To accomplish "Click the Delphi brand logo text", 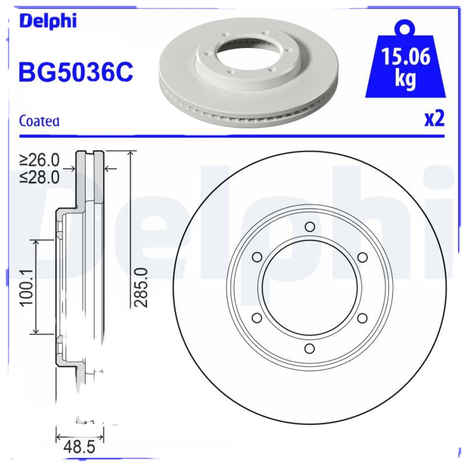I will (48, 21).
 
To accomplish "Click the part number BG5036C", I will (76, 72).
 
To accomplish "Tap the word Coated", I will (39, 121).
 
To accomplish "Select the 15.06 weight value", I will (406, 58).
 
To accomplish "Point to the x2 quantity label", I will (434, 119).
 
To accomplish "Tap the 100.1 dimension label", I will (25, 287).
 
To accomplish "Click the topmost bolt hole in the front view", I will (309, 227).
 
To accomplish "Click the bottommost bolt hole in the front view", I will (309, 348).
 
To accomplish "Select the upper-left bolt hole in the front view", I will (257, 257).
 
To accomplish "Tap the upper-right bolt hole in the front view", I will (362, 257).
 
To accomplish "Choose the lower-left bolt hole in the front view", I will (257, 318).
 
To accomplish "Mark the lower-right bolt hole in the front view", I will (362, 318).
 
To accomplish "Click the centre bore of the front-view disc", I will (309, 288).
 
